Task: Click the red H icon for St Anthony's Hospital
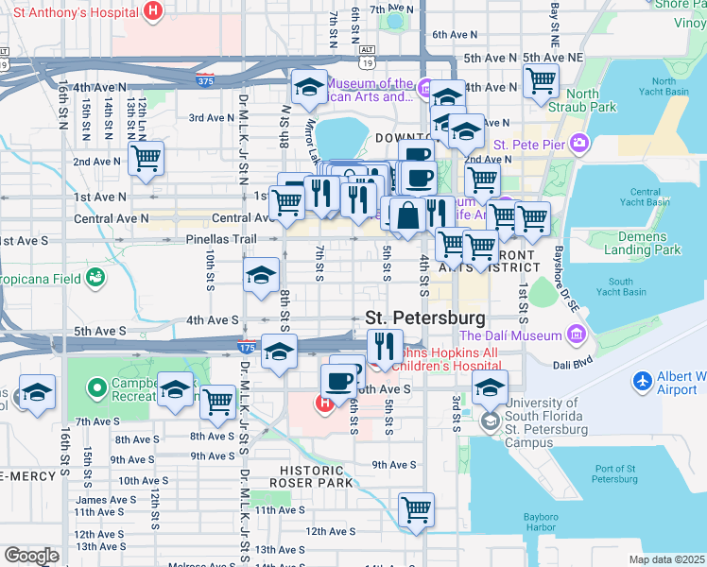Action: [154, 11]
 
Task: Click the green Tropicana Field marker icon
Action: [95, 277]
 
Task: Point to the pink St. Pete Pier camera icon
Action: [578, 144]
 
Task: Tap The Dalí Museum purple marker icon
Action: [577, 335]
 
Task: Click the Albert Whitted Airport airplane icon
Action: [643, 380]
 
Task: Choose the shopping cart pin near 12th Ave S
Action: [416, 511]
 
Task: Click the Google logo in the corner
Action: [31, 556]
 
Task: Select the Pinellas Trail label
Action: [221, 239]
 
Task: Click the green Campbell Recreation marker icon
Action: [95, 387]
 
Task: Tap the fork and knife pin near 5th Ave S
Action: [385, 346]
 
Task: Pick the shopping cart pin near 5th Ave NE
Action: [541, 81]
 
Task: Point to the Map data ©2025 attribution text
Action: [666, 559]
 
